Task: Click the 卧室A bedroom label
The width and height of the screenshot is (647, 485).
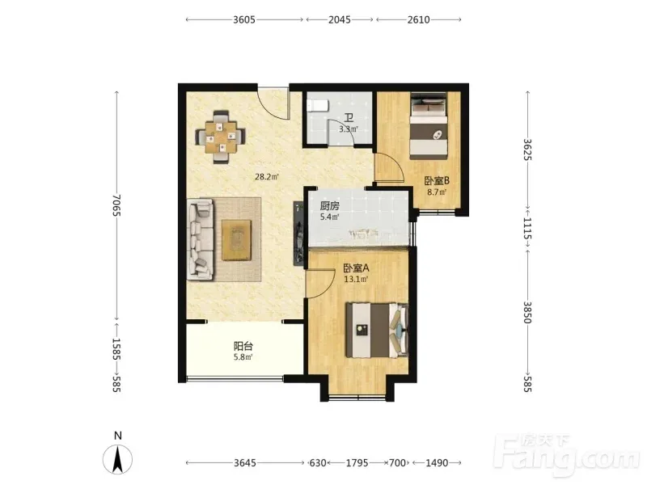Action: (356, 268)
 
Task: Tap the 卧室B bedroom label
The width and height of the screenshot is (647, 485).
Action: (437, 180)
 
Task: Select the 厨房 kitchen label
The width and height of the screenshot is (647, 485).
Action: (329, 205)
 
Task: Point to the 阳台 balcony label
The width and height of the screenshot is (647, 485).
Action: (243, 346)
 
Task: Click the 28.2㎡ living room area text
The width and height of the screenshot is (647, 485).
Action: (267, 177)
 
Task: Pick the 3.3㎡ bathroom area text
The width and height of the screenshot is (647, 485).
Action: (349, 129)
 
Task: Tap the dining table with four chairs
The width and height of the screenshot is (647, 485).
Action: (221, 137)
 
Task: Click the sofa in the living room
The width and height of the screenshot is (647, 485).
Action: (201, 239)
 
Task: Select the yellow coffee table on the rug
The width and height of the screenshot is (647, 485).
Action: (236, 240)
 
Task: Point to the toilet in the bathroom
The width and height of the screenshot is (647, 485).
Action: (318, 105)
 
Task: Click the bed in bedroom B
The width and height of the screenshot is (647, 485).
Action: (429, 126)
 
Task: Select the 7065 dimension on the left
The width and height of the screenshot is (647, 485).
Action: (116, 205)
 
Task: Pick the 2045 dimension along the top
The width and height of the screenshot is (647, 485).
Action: (340, 19)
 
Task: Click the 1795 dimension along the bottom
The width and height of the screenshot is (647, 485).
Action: (357, 462)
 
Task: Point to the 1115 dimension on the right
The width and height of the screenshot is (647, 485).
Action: (527, 228)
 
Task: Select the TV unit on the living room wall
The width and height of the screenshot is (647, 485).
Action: (298, 233)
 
